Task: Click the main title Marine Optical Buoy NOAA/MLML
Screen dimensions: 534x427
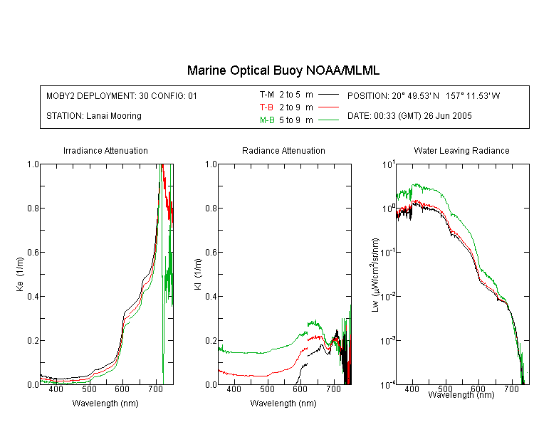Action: pos(283,70)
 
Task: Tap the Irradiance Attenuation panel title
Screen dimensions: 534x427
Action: pos(105,150)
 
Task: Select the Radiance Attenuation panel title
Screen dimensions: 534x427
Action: pos(283,150)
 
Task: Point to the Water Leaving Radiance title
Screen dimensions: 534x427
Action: pos(461,150)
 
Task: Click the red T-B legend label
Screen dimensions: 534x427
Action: pos(266,107)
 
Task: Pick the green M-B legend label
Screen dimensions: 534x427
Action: pos(267,120)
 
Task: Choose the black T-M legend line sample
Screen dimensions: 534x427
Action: pos(328,95)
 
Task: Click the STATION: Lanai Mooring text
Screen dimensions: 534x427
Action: pos(94,116)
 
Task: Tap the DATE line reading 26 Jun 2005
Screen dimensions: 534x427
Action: pos(409,116)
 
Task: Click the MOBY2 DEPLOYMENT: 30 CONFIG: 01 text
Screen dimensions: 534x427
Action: pos(122,95)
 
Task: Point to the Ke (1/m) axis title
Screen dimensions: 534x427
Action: pos(20,274)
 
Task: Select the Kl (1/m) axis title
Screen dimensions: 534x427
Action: pos(198,274)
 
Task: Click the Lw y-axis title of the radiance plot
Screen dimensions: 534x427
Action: pos(375,275)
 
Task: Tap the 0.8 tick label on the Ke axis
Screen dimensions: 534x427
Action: pos(33,208)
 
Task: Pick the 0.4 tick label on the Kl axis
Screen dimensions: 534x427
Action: pos(211,296)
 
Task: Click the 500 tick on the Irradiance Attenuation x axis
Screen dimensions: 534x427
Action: pos(89,389)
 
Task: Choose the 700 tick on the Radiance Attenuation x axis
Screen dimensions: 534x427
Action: pos(333,389)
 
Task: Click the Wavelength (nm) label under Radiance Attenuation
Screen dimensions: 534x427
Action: pos(283,404)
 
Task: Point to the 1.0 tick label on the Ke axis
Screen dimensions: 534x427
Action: pos(33,164)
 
